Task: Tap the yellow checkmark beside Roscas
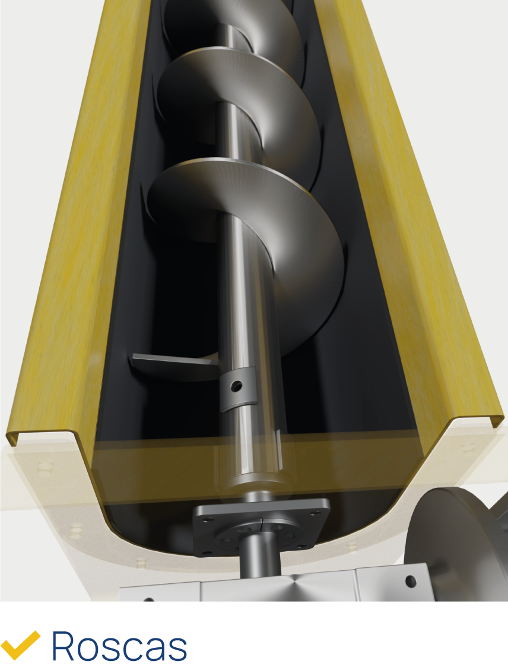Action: pos(20,645)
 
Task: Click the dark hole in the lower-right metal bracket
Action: pos(410,580)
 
